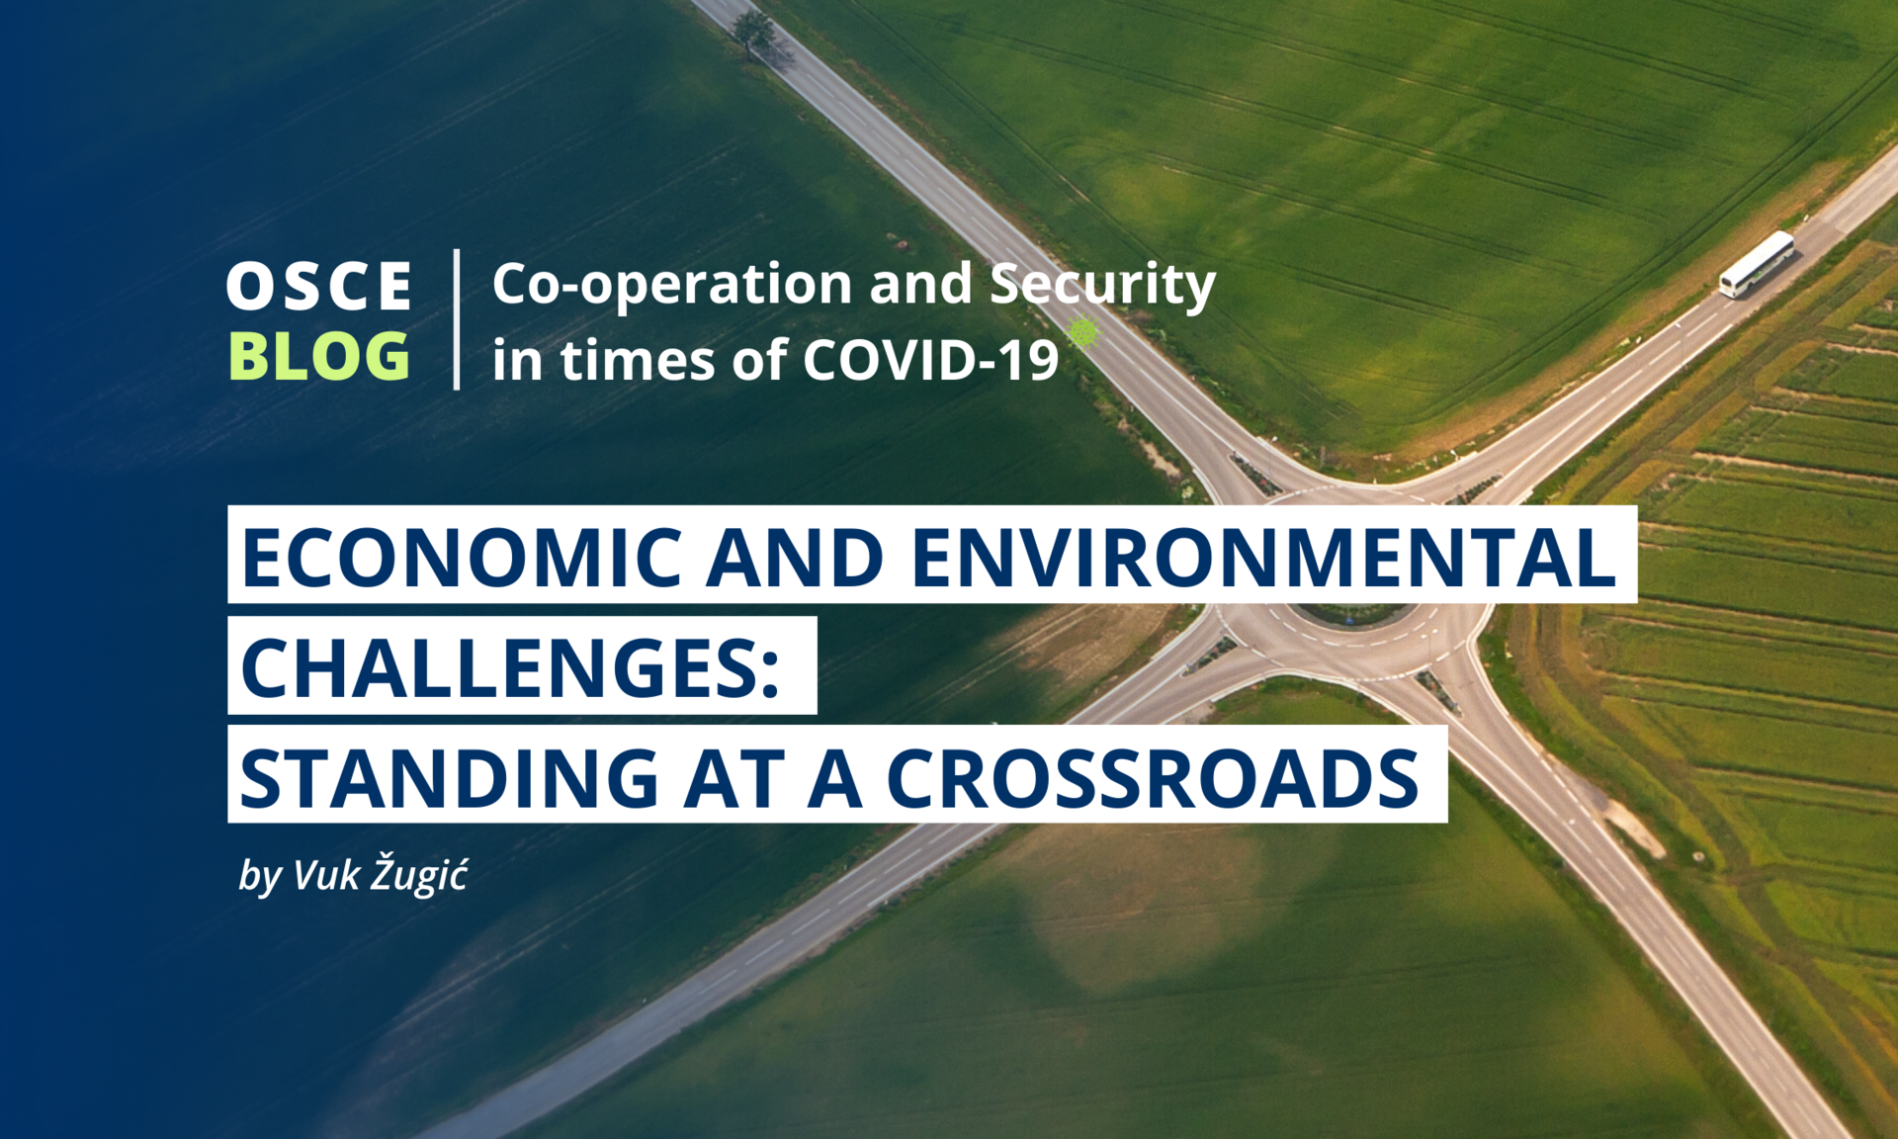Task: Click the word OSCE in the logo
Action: tap(318, 287)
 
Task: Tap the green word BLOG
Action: tap(318, 356)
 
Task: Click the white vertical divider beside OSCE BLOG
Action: tap(457, 319)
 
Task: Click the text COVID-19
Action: tap(930, 359)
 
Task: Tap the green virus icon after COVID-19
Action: tap(1084, 331)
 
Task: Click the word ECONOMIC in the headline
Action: tap(462, 557)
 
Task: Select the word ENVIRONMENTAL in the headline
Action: tap(1263, 557)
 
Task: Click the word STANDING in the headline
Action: tap(450, 778)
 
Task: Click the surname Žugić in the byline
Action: tap(419, 875)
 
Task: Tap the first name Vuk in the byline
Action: tap(326, 876)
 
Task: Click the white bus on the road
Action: tap(1757, 264)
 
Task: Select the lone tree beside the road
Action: tap(754, 33)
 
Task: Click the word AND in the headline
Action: tap(795, 557)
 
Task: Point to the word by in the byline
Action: tap(260, 876)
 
